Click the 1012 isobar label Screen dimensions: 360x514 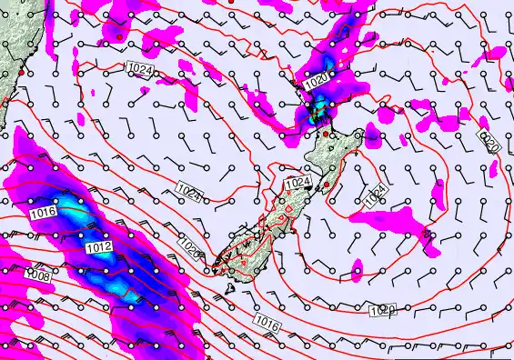click(x=99, y=246)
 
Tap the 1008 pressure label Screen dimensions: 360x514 click(x=37, y=275)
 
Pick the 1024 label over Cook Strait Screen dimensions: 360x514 click(x=298, y=184)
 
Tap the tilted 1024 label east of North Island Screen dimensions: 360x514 click(x=376, y=197)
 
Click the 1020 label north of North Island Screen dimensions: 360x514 click(x=317, y=81)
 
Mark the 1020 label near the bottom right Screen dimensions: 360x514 click(x=383, y=311)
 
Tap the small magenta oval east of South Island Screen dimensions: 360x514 click(x=358, y=267)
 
